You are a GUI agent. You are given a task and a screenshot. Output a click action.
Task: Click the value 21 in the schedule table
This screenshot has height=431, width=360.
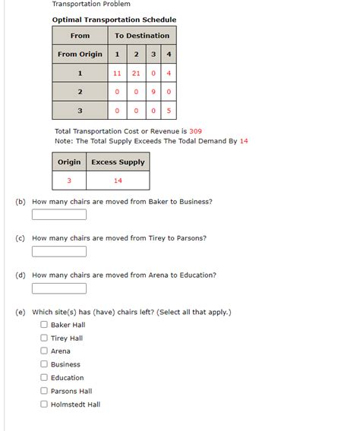[135, 74]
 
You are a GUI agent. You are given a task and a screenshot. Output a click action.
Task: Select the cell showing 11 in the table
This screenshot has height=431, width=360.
[117, 74]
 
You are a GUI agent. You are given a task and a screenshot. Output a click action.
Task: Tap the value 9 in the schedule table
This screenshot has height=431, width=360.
[153, 92]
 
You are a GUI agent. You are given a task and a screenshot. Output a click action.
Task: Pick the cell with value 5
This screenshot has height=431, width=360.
[169, 111]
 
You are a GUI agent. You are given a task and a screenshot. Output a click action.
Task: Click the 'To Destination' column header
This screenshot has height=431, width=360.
[142, 36]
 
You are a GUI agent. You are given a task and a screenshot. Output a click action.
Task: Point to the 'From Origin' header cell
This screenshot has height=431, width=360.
[80, 55]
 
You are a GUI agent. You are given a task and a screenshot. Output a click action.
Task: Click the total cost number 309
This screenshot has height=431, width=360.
[195, 131]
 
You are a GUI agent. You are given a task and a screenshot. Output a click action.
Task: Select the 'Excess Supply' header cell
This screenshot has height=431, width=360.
[118, 162]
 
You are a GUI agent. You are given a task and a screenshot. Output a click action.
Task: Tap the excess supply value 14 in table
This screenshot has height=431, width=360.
[118, 181]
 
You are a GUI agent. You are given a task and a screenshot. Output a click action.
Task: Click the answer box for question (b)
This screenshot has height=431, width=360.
[59, 215]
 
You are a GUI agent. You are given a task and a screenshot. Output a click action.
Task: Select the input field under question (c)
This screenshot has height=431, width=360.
[59, 251]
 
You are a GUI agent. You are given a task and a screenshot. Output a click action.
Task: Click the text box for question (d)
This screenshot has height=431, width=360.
[59, 288]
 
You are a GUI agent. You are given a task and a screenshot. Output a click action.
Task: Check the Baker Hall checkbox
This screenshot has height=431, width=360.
[44, 325]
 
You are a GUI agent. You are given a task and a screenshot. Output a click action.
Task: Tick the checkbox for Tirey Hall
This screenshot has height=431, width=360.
[44, 338]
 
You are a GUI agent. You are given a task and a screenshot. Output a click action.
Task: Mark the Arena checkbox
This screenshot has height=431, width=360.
[44, 351]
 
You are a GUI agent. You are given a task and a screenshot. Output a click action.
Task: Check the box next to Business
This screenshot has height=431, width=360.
[44, 364]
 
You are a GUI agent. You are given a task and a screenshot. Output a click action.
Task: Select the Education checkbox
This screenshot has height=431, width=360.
[44, 378]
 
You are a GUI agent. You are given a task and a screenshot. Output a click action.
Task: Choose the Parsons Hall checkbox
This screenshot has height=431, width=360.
[44, 391]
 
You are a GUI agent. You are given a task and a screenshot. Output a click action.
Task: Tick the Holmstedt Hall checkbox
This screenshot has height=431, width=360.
[44, 404]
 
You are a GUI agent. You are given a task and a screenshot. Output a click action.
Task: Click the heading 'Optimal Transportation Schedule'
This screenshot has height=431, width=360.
[114, 20]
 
